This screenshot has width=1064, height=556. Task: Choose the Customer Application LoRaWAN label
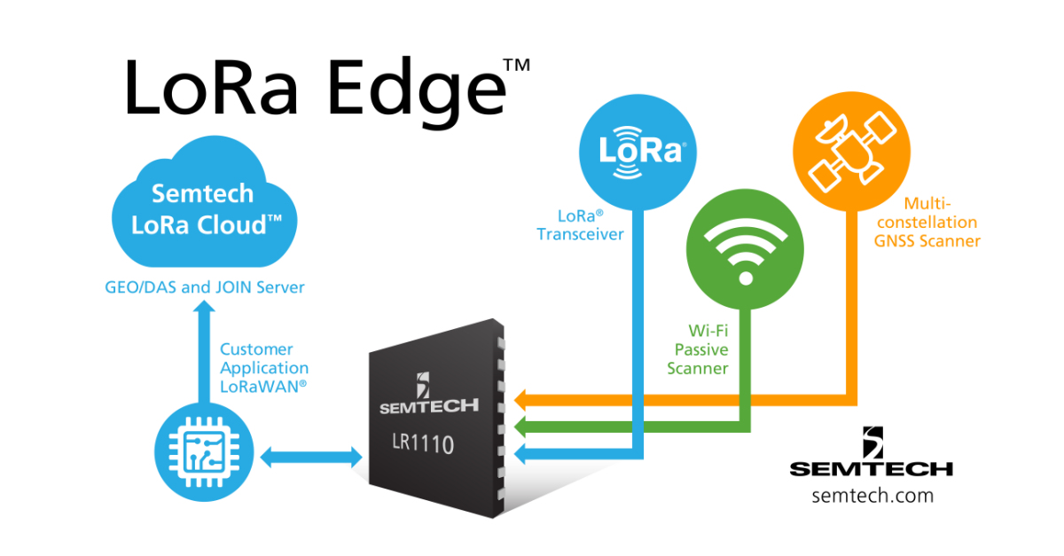[x=264, y=367]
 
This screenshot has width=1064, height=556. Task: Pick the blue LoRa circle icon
[x=638, y=151]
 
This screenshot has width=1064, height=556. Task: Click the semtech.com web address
[x=872, y=496]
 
